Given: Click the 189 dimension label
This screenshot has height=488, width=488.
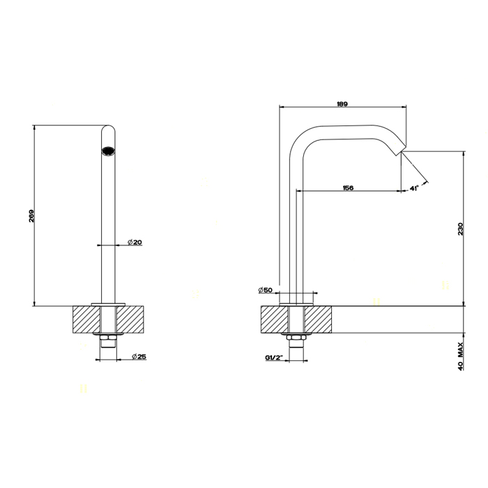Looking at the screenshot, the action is pyautogui.click(x=342, y=105).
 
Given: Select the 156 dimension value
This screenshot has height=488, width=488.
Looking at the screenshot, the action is pyautogui.click(x=348, y=188).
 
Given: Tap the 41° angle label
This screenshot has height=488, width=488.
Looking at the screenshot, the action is pyautogui.click(x=413, y=188).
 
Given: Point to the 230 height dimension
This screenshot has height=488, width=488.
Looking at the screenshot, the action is pyautogui.click(x=461, y=229).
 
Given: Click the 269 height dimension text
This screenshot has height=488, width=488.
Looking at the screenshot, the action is pyautogui.click(x=31, y=215).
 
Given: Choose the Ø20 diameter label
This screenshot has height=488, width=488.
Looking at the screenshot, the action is pyautogui.click(x=135, y=242).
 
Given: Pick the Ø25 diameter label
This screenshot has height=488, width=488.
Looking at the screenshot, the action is pyautogui.click(x=139, y=357).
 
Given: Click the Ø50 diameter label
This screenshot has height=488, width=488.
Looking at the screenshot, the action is pyautogui.click(x=265, y=290).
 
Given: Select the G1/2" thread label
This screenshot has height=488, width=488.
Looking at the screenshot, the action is pyautogui.click(x=273, y=358).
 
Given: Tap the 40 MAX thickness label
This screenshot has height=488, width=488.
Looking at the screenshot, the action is pyautogui.click(x=461, y=356).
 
